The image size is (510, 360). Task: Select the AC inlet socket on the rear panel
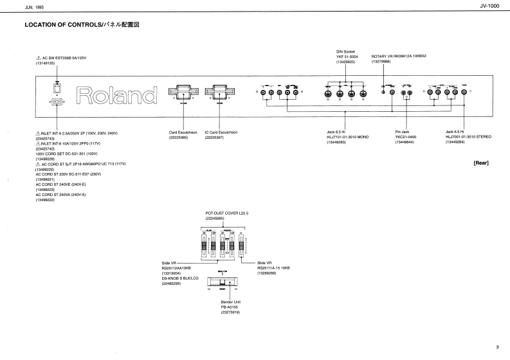(x=57, y=101)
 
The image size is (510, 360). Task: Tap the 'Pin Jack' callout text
(x=402, y=132)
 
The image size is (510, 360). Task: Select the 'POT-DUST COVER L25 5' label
(x=226, y=213)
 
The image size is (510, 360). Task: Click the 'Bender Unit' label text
(x=230, y=301)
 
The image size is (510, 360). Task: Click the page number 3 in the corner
(x=496, y=348)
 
